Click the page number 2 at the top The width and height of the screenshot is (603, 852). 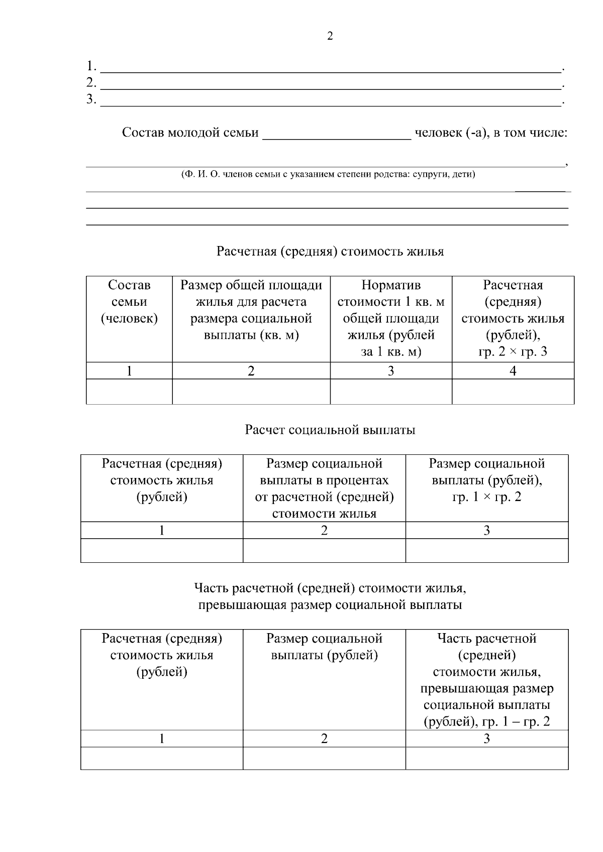330,37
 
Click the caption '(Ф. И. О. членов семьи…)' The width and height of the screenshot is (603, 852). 328,175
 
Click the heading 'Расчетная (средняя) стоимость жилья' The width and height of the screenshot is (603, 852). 330,252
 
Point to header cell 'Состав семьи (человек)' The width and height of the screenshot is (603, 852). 129,302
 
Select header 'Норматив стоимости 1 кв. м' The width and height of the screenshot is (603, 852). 391,294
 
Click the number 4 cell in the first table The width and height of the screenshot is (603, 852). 513,371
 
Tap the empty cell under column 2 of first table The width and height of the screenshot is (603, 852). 251,392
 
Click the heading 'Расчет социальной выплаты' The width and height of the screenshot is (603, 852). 330,430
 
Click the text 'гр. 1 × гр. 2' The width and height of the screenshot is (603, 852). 486,497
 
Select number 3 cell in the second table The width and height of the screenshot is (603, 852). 486,531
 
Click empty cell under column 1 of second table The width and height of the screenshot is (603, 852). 162,551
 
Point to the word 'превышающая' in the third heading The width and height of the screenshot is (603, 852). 241,605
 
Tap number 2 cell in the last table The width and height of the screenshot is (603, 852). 324,739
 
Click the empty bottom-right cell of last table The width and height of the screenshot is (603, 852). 486,758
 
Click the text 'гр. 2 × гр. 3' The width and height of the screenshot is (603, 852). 513,352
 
